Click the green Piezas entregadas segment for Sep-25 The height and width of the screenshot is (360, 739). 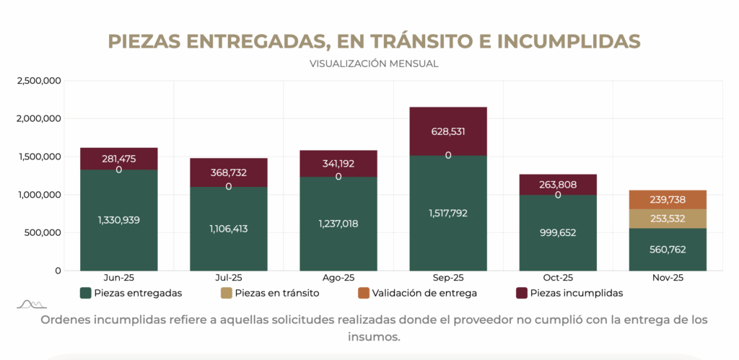(x=448, y=238)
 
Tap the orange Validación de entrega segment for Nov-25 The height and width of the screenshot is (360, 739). (x=668, y=200)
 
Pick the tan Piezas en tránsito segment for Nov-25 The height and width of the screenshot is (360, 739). (x=668, y=219)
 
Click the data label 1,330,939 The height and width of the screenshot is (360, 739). (x=119, y=219)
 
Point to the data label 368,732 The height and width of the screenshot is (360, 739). (x=229, y=172)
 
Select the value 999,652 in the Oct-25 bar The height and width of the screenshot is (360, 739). (x=558, y=233)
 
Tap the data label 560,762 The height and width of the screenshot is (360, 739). (x=668, y=250)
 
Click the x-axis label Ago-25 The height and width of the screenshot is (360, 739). (x=338, y=277)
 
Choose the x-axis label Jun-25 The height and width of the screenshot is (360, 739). (x=119, y=277)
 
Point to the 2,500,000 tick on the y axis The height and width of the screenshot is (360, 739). (x=38, y=80)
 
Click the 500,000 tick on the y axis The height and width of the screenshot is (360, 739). (x=42, y=232)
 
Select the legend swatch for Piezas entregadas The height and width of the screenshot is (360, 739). (x=86, y=293)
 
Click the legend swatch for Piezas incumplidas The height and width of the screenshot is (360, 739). (x=522, y=293)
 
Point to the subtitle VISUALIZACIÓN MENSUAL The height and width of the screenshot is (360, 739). (x=374, y=63)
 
